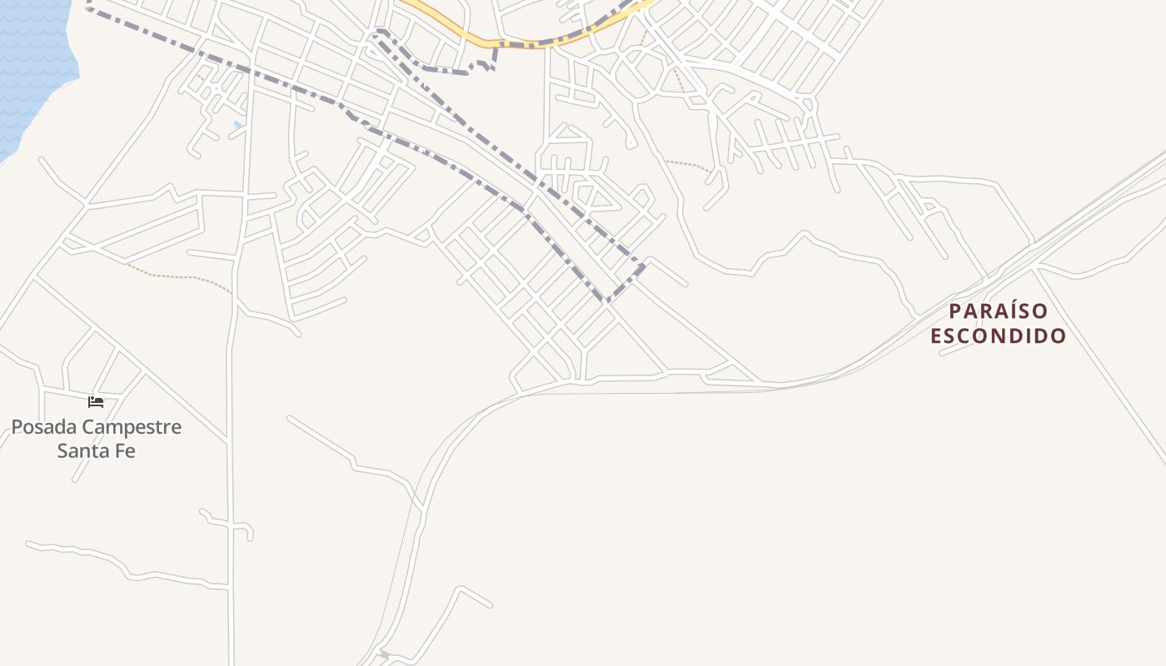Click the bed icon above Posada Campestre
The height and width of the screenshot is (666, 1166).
[96, 402]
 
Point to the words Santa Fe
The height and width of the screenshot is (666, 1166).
[96, 452]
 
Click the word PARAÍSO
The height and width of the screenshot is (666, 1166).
[999, 311]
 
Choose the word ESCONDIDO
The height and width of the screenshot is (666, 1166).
[999, 336]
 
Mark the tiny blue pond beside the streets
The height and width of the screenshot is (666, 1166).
[238, 125]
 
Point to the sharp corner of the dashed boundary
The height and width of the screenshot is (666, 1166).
[609, 301]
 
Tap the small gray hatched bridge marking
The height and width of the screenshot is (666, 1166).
[383, 654]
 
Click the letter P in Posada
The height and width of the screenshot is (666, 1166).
[17, 428]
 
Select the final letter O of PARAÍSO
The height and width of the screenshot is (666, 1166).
[1042, 311]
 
